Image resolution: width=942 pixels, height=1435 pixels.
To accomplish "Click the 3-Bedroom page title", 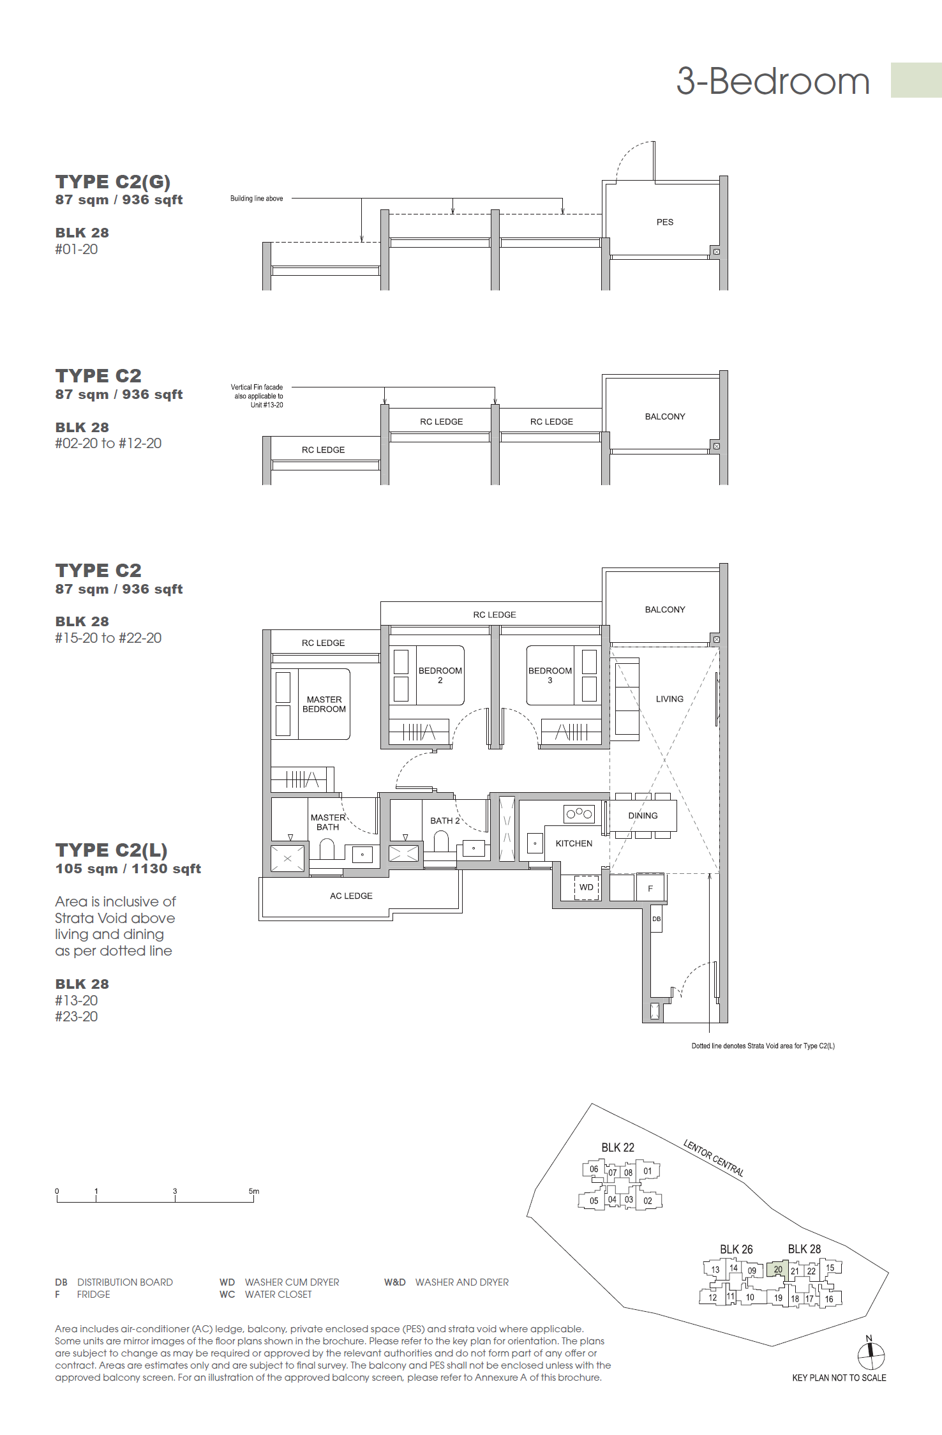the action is tap(773, 82).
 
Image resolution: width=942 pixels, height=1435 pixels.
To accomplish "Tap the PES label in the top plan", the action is tap(665, 222).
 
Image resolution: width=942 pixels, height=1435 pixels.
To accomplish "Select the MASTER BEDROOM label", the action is tap(324, 704).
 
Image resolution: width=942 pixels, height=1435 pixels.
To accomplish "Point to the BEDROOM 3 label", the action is tap(550, 675).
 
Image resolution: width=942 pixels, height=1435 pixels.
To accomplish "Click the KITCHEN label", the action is tap(574, 843).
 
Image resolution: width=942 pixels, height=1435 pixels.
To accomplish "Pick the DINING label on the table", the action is tap(643, 816).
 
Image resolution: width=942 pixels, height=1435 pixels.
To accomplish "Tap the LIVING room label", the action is tap(669, 699).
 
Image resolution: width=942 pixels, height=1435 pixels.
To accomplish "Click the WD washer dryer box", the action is tap(587, 887).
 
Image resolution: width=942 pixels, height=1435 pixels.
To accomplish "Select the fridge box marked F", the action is tap(650, 887).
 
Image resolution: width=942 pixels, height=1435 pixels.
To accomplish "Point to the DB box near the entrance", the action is tap(656, 919).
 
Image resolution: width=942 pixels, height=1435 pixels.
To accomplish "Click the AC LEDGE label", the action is tap(351, 896).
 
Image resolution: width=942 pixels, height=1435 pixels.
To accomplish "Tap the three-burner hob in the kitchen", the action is tap(579, 813).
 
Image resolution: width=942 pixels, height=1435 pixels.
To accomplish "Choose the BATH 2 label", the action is tap(445, 821).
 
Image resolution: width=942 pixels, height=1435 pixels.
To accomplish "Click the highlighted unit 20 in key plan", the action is tap(778, 1270).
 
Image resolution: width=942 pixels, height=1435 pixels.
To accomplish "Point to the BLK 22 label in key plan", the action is tap(618, 1148).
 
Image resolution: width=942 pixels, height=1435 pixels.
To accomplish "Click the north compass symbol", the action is tap(871, 1356).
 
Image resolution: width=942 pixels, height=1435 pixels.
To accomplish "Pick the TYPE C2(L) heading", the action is tap(112, 850).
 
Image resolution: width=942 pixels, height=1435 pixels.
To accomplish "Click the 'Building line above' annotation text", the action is tap(257, 199).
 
